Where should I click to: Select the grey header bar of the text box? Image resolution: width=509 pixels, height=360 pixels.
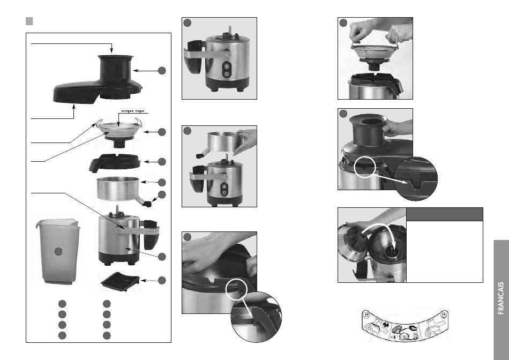pos(444,214)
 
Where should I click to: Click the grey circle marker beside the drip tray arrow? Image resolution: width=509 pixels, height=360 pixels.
pos(162,280)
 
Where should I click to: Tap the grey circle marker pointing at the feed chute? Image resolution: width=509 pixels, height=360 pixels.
pos(162,70)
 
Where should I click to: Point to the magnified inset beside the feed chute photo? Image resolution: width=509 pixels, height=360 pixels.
pos(416,179)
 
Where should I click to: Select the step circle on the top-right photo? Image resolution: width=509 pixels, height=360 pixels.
pos(344,23)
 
